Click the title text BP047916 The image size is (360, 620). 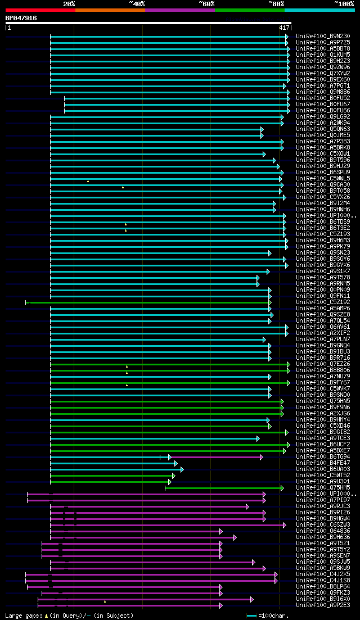[21, 18]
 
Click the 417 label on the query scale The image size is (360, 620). [283, 28]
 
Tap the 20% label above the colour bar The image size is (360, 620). [69, 4]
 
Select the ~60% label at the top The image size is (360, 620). [206, 4]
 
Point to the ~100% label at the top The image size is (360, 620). [344, 4]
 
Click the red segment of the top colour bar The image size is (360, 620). [40, 10]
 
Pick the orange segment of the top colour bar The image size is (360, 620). [110, 10]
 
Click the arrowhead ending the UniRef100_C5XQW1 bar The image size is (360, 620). [264, 154]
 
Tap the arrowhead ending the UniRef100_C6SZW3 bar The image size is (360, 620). [285, 525]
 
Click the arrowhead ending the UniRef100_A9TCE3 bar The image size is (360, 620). [258, 438]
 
